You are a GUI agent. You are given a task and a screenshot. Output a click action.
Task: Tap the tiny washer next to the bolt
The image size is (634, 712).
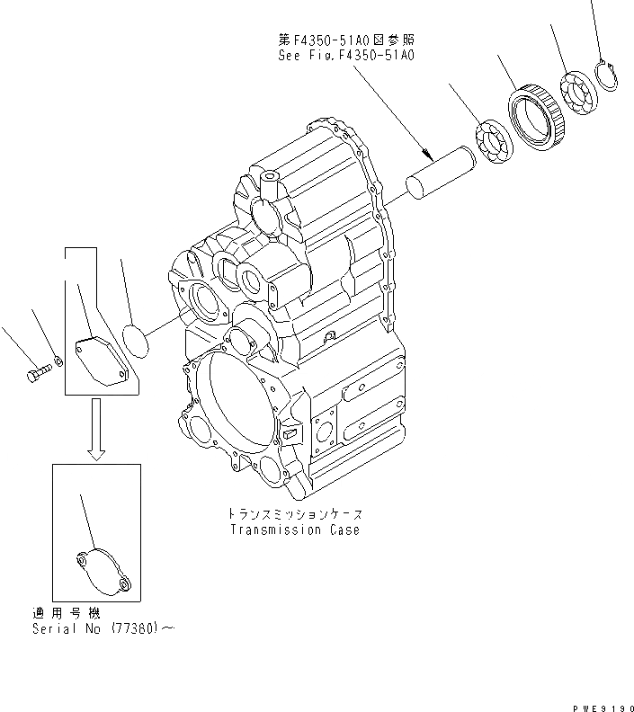pyautogui.click(x=58, y=360)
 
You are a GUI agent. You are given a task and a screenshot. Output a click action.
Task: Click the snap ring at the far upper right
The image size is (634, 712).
pyautogui.click(x=607, y=73)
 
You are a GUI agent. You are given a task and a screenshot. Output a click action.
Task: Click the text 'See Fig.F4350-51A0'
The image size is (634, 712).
pyautogui.click(x=346, y=55)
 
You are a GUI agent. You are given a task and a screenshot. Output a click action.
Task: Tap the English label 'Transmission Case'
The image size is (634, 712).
pyautogui.click(x=294, y=530)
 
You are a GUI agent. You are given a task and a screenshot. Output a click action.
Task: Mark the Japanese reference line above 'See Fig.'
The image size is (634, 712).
pyautogui.click(x=346, y=41)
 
